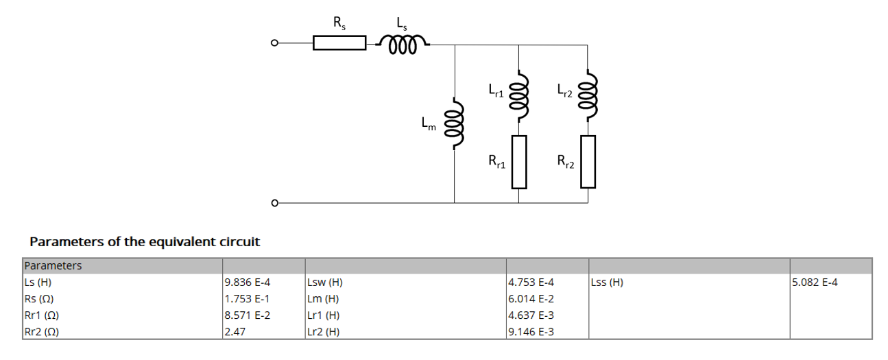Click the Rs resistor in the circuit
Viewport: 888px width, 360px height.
[x=339, y=44]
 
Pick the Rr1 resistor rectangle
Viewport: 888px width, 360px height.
[x=518, y=162]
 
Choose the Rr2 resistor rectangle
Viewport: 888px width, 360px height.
[x=588, y=162]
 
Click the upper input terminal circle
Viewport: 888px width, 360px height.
[x=274, y=44]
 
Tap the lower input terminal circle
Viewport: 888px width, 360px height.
[x=274, y=203]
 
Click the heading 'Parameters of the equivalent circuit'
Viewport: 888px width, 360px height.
[x=145, y=242]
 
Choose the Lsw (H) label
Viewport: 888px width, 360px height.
[x=326, y=283]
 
